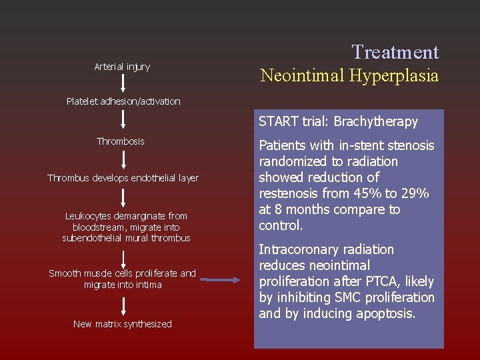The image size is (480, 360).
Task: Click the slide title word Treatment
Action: (395, 52)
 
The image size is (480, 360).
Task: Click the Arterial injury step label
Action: (122, 67)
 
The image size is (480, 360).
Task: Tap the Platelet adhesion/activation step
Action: (123, 101)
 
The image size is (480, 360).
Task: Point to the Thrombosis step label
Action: (120, 141)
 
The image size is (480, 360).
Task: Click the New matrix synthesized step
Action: (123, 324)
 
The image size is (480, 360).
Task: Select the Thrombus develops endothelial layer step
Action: (123, 178)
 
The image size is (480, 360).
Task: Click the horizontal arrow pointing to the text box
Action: (220, 280)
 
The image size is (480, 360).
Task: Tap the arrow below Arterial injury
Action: (123, 83)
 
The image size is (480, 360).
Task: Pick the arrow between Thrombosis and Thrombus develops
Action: (123, 159)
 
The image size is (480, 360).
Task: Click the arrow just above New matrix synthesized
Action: (123, 306)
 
